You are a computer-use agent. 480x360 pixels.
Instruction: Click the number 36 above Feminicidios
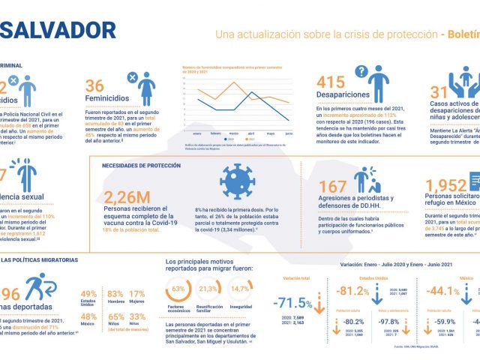click(95, 85)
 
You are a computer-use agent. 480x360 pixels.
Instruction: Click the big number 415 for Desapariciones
click(331, 83)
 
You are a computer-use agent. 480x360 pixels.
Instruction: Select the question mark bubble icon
click(361, 72)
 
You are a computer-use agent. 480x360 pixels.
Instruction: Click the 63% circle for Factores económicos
click(178, 289)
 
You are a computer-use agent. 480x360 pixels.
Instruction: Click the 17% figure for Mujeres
click(137, 294)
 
